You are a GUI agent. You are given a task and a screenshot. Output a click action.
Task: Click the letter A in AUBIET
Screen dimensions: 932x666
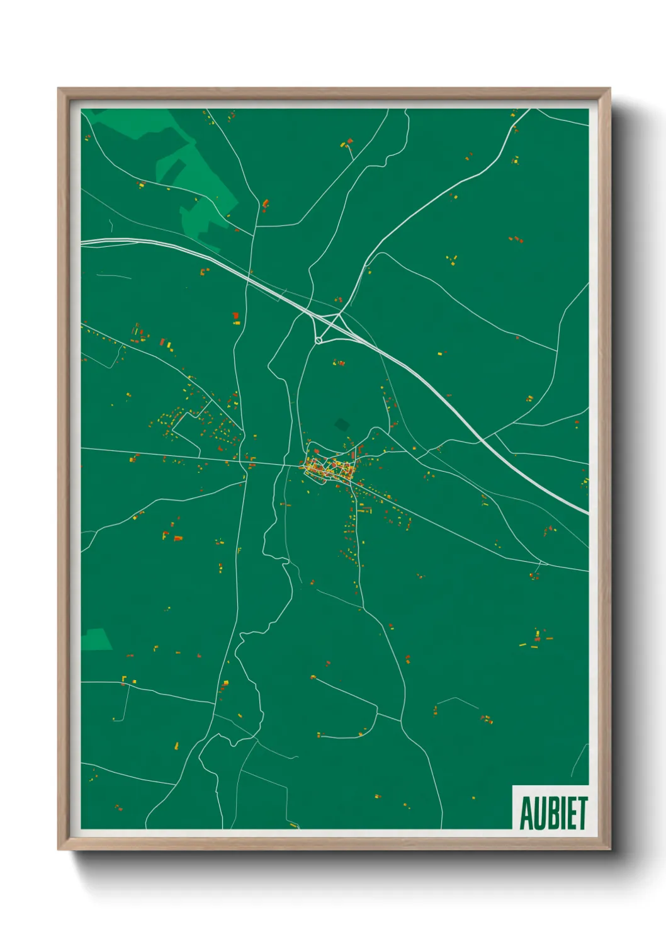pyautogui.click(x=526, y=814)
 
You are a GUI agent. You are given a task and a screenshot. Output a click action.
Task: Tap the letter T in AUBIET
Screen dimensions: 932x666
pyautogui.click(x=582, y=814)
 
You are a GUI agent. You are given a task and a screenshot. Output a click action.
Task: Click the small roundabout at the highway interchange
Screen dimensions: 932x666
pyautogui.click(x=319, y=340)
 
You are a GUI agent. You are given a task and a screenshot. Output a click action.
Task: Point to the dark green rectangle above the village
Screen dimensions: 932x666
pyautogui.click(x=342, y=424)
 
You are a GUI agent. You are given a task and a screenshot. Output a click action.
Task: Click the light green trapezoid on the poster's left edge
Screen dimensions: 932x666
pyautogui.click(x=96, y=639)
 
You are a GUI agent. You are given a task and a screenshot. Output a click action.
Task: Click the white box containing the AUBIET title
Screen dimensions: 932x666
pyautogui.click(x=551, y=807)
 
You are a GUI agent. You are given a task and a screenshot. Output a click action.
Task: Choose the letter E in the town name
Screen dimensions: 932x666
pyautogui.click(x=571, y=814)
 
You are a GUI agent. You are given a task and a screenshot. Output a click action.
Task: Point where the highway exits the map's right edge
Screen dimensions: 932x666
pyautogui.click(x=587, y=513)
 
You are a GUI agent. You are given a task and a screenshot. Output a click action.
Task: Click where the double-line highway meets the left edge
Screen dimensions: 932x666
pyautogui.click(x=82, y=241)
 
